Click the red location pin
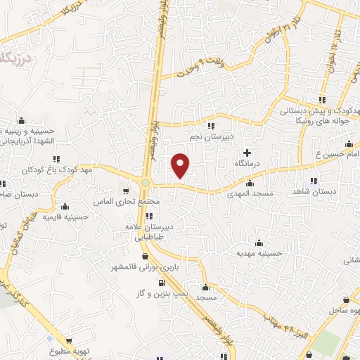pyautogui.click(x=181, y=165)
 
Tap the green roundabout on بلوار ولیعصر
pyautogui.click(x=146, y=183)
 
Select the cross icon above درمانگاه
pyautogui.click(x=246, y=153)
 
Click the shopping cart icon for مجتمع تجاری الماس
pyautogui.click(x=126, y=191)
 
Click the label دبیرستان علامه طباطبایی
pyautogui.click(x=159, y=233)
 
